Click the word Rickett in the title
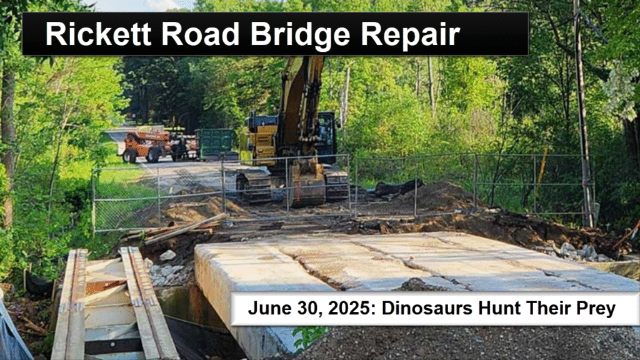coord(98,34)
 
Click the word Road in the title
coord(201,34)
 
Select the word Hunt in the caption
coord(498,308)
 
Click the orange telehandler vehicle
coord(146,146)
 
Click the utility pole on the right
coord(582,114)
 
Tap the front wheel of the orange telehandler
coord(130,156)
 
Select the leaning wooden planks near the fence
coord(179,229)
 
